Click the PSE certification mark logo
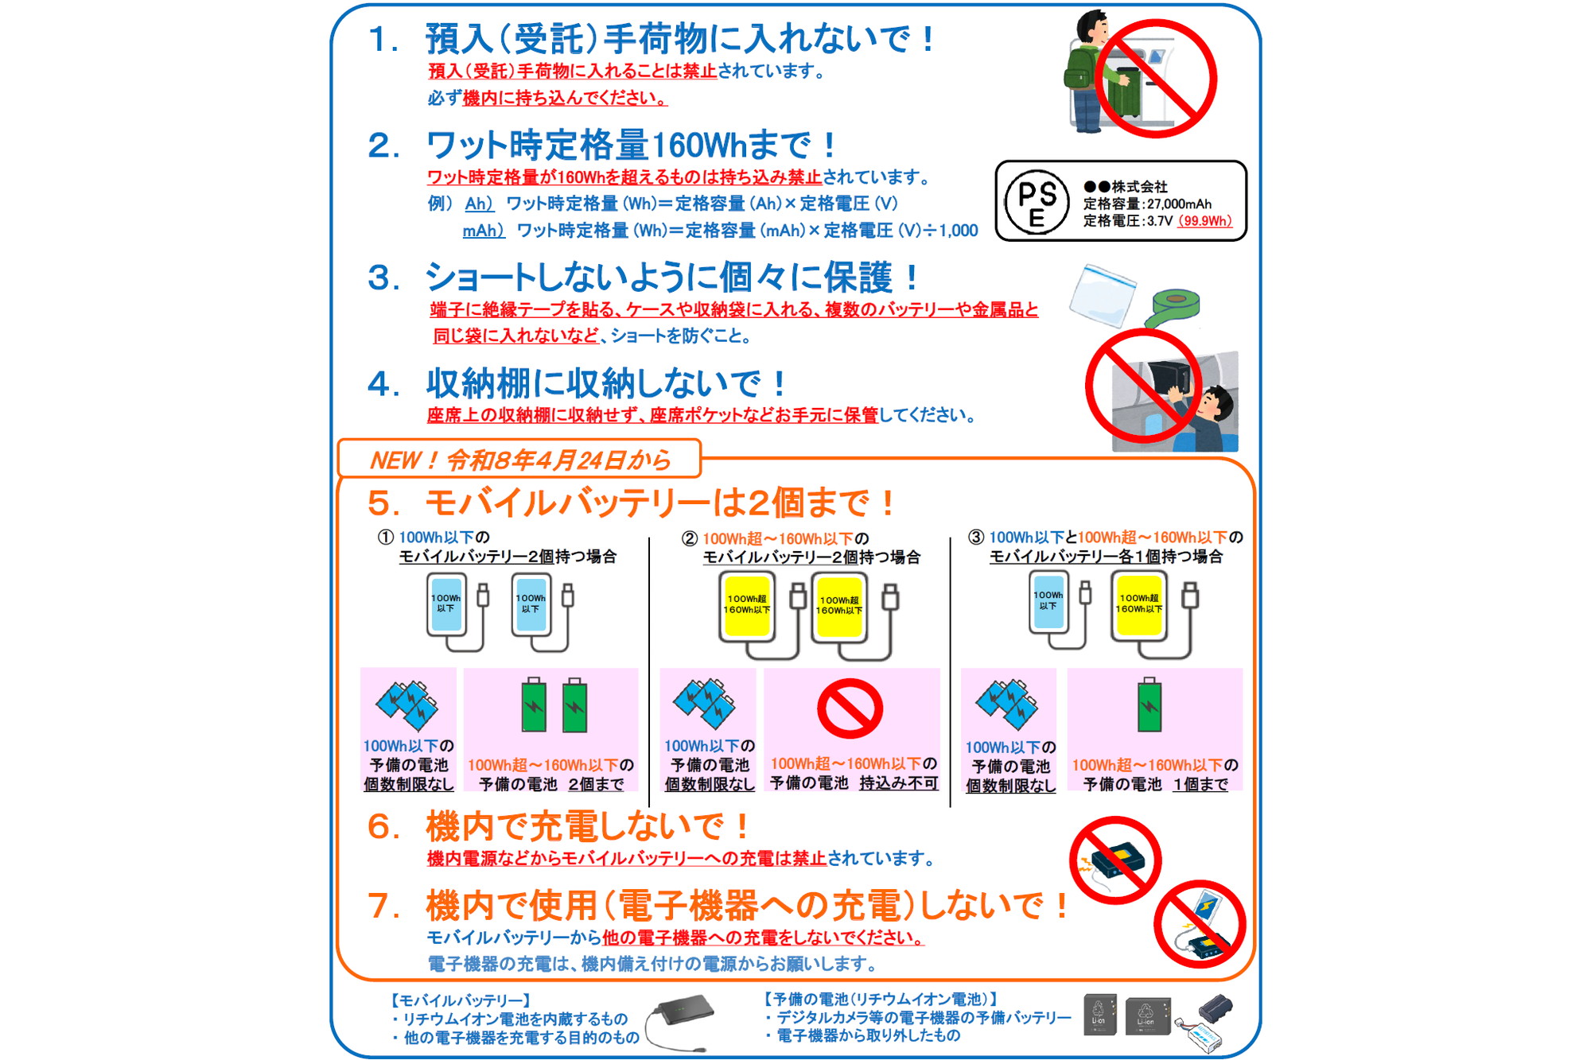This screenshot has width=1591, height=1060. [x=1036, y=201]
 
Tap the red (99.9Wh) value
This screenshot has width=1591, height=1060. [x=1204, y=221]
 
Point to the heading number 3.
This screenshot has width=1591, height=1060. [x=383, y=278]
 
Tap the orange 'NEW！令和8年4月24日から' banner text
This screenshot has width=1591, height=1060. [x=520, y=460]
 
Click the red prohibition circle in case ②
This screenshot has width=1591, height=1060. [x=850, y=708]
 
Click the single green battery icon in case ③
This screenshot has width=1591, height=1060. [x=1149, y=705]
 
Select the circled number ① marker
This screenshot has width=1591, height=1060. [x=386, y=537]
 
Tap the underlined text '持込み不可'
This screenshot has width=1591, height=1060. [x=898, y=783]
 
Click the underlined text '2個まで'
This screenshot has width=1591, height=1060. [x=595, y=785]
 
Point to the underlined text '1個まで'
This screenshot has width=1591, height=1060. [x=1200, y=785]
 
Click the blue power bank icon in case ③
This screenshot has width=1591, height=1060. [x=1048, y=602]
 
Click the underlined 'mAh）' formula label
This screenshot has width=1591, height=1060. [x=483, y=231]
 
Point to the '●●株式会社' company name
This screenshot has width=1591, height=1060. [x=1125, y=187]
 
